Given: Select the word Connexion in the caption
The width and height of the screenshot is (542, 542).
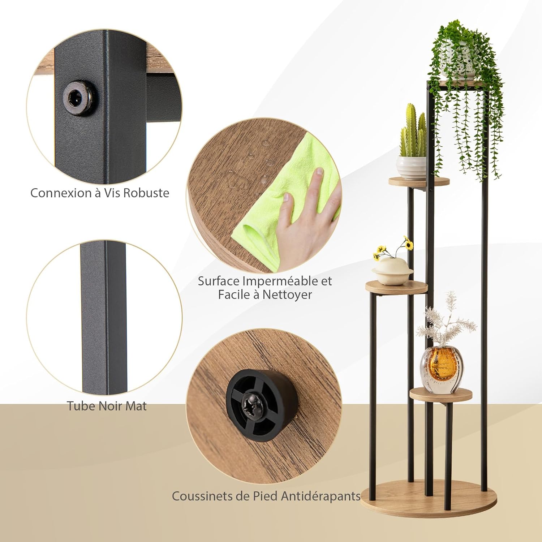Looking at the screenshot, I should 61,193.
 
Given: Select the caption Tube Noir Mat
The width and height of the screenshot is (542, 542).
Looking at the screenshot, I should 107,406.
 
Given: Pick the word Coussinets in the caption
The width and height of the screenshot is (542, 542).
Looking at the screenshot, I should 202,496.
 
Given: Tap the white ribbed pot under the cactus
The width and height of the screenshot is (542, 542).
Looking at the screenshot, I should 412,167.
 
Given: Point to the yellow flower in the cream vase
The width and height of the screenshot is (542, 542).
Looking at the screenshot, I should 409,245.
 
